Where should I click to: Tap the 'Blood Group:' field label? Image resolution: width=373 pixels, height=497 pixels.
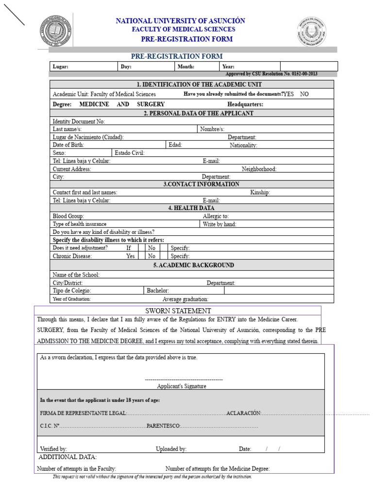point(68,216)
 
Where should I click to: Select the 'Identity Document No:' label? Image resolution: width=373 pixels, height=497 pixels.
point(79,121)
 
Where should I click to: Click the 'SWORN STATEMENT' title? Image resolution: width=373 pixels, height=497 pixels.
point(178,311)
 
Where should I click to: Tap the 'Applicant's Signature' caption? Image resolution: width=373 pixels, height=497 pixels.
point(182,386)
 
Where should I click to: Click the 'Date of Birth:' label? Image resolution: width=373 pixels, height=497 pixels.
point(68,145)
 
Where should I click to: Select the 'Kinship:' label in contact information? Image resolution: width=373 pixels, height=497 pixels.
point(260,192)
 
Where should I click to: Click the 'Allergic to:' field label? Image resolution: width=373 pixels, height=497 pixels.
point(216,216)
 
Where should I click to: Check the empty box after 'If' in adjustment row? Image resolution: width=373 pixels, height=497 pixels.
point(142,248)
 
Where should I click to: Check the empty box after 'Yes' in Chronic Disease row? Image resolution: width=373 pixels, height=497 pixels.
point(142,256)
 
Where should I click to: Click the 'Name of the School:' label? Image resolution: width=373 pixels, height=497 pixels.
point(76,275)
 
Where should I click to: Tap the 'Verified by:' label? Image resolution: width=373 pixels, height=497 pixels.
point(53,449)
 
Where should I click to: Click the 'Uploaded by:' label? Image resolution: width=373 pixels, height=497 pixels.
point(171,449)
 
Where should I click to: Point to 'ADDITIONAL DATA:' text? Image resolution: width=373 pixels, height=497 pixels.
point(68,457)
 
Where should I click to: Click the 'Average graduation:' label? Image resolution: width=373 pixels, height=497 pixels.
point(186,299)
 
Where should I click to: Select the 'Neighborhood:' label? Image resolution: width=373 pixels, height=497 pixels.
point(259,169)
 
